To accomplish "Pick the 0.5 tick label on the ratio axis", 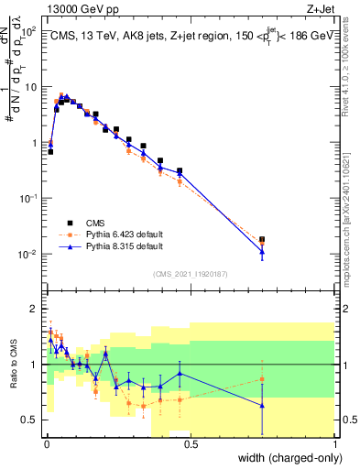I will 31,420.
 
